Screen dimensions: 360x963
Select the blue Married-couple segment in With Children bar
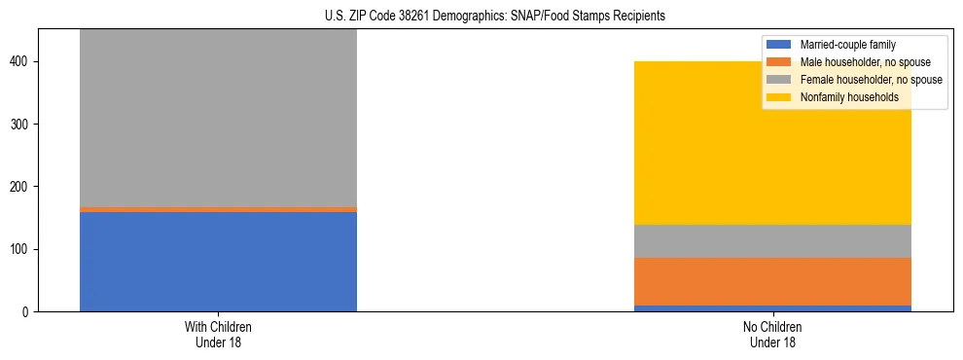click(x=218, y=261)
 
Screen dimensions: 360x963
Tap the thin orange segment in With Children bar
click(x=218, y=209)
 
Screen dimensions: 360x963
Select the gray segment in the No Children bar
click(x=772, y=241)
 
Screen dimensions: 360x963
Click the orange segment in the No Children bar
click(x=772, y=281)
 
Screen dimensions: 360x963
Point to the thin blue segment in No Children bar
click(x=772, y=308)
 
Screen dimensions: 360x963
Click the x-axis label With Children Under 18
click(x=218, y=334)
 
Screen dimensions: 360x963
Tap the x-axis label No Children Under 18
click(x=772, y=334)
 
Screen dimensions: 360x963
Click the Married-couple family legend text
click(x=847, y=45)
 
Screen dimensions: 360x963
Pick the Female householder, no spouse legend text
click(x=870, y=80)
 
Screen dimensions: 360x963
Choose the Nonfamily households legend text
click(x=848, y=97)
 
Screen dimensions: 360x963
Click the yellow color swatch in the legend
click(x=779, y=97)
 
